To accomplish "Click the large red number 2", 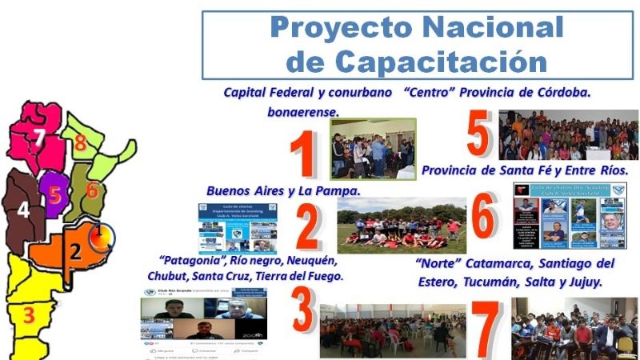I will [x=307, y=227].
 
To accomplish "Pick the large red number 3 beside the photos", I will [x=302, y=310].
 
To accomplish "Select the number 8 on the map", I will [x=80, y=144].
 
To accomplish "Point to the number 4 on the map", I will [x=23, y=210].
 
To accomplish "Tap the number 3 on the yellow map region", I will [x=29, y=315].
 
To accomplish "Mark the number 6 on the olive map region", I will [x=92, y=190].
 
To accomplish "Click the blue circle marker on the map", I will [x=101, y=237].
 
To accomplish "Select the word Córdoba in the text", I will [x=555, y=93].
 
